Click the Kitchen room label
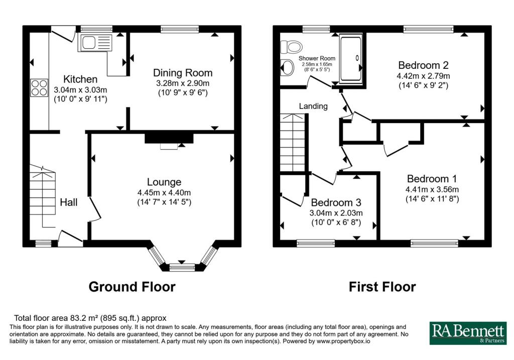(x=80, y=79)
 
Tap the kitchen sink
(x=95, y=44)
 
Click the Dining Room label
(x=183, y=73)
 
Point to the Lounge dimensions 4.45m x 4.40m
(x=164, y=193)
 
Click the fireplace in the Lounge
(x=169, y=139)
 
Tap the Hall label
(x=69, y=202)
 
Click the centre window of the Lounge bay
(x=182, y=267)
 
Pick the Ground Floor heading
(x=132, y=287)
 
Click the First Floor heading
(x=382, y=287)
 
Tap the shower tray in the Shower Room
(x=350, y=59)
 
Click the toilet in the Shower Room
(x=289, y=47)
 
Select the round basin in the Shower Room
(x=288, y=67)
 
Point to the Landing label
(x=313, y=106)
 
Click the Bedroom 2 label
(x=423, y=65)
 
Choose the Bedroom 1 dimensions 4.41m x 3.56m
(x=432, y=190)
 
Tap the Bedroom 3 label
(x=336, y=203)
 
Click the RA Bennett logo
(x=468, y=333)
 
